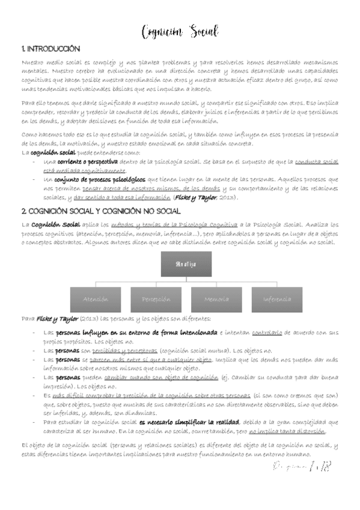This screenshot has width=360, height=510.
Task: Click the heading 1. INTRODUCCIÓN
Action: (x=50, y=48)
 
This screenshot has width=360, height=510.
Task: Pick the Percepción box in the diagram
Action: (x=156, y=298)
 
